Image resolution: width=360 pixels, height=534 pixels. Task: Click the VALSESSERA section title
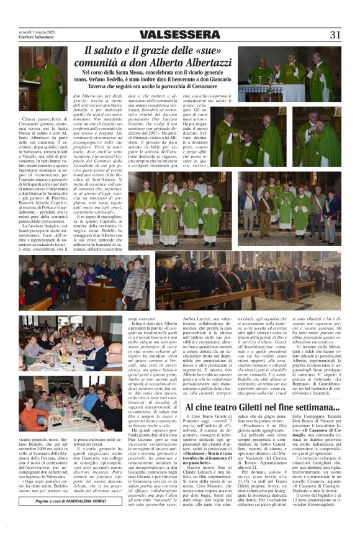click(179, 35)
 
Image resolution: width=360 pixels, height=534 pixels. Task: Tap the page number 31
click(335, 35)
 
